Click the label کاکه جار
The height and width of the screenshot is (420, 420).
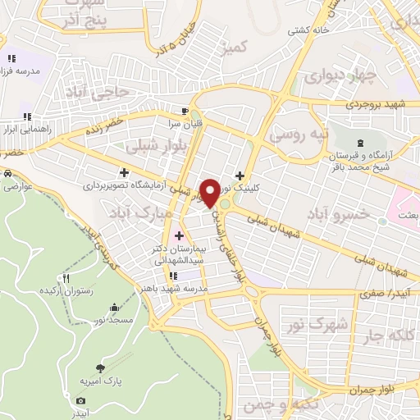tap(382, 334)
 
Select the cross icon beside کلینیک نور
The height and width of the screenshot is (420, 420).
tap(240, 175)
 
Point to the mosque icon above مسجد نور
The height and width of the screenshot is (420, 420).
tap(113, 308)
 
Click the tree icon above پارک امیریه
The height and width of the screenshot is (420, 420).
tap(99, 368)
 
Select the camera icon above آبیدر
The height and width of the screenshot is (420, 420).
tap(80, 400)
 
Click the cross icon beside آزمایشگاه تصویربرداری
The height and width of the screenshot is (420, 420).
tap(124, 172)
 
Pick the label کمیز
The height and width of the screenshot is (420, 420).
tap(236, 48)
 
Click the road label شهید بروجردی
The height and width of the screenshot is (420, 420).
tap(377, 104)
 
